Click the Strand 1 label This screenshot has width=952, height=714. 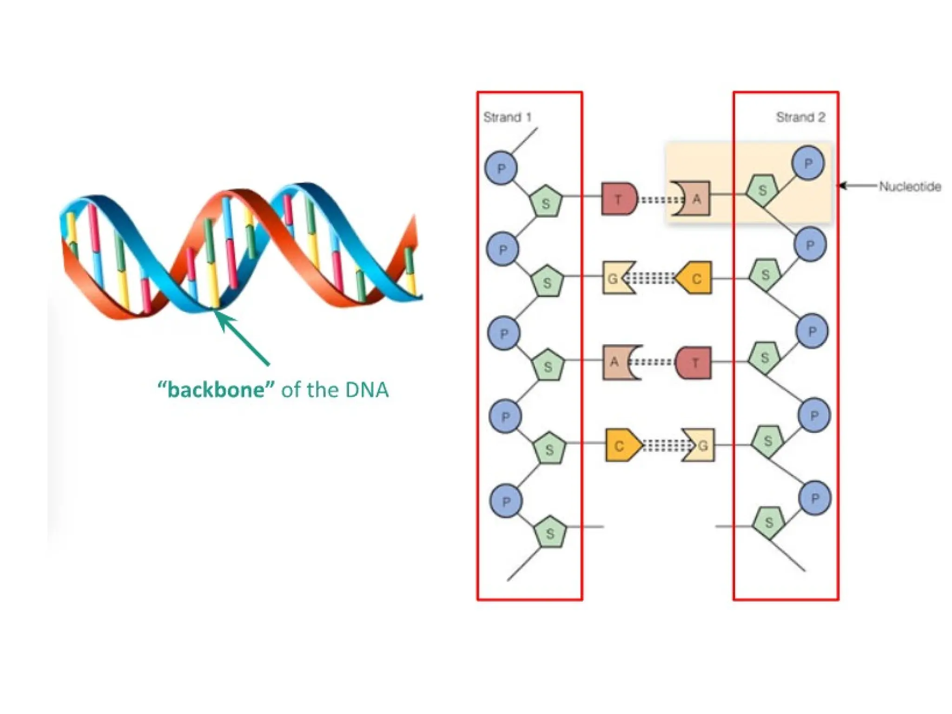[507, 117]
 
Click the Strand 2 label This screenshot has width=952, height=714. [800, 117]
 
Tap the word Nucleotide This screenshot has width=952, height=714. [910, 186]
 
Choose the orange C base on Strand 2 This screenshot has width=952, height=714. [694, 278]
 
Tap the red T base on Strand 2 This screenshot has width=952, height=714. [694, 362]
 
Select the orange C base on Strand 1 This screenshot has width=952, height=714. [621, 446]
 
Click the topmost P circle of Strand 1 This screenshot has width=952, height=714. [501, 168]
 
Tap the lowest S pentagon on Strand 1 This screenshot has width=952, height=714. [550, 533]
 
